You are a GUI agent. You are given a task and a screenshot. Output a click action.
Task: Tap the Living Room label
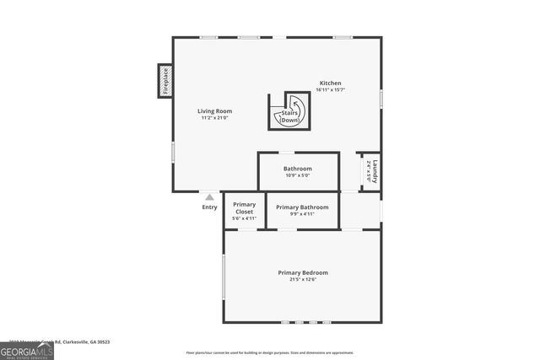(x=215, y=111)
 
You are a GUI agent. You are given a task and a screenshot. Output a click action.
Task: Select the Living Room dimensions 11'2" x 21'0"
(x=215, y=118)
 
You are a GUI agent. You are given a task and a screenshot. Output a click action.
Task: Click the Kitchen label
(x=330, y=83)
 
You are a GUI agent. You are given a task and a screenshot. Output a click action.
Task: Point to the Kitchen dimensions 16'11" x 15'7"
(x=330, y=89)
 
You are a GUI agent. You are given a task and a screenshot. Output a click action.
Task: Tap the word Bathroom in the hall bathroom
(x=298, y=169)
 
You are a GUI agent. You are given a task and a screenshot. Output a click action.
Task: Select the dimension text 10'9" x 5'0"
(x=298, y=175)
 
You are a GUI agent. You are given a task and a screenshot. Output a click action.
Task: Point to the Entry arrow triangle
(x=209, y=197)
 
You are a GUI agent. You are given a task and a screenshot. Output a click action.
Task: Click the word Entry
(x=209, y=207)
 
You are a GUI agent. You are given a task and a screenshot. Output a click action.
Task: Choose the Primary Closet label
(x=245, y=207)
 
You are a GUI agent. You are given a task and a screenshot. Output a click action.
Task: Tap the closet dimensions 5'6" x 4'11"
(x=245, y=218)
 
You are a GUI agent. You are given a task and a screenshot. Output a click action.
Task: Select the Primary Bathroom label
(x=302, y=207)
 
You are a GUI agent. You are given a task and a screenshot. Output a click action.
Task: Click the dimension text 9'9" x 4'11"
(x=302, y=214)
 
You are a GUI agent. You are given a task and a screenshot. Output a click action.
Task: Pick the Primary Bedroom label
(x=303, y=272)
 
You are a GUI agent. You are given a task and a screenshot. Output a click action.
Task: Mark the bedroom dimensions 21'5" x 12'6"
(x=303, y=279)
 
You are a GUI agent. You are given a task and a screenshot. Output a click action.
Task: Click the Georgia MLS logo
(x=26, y=352)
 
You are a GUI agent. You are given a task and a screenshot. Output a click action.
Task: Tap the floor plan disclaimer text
(x=270, y=352)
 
